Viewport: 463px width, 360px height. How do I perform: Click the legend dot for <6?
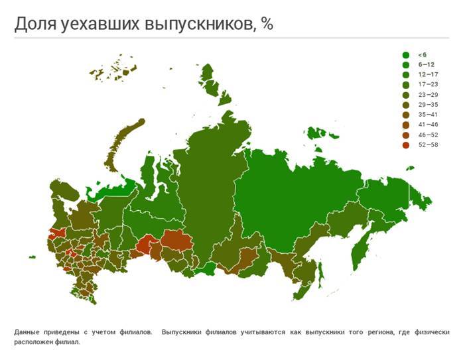(x=405, y=54)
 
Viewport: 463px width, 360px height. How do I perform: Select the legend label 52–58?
(x=428, y=145)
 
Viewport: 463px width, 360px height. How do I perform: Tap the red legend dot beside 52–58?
(x=405, y=145)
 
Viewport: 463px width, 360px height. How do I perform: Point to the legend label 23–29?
(x=428, y=95)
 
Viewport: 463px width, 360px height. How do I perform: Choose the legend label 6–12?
(x=427, y=64)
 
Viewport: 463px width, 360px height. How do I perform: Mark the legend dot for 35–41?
(x=405, y=115)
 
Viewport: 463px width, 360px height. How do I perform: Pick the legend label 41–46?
(x=428, y=125)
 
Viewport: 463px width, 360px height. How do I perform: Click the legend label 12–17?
(x=428, y=74)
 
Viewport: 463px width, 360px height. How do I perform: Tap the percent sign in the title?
(x=267, y=24)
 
